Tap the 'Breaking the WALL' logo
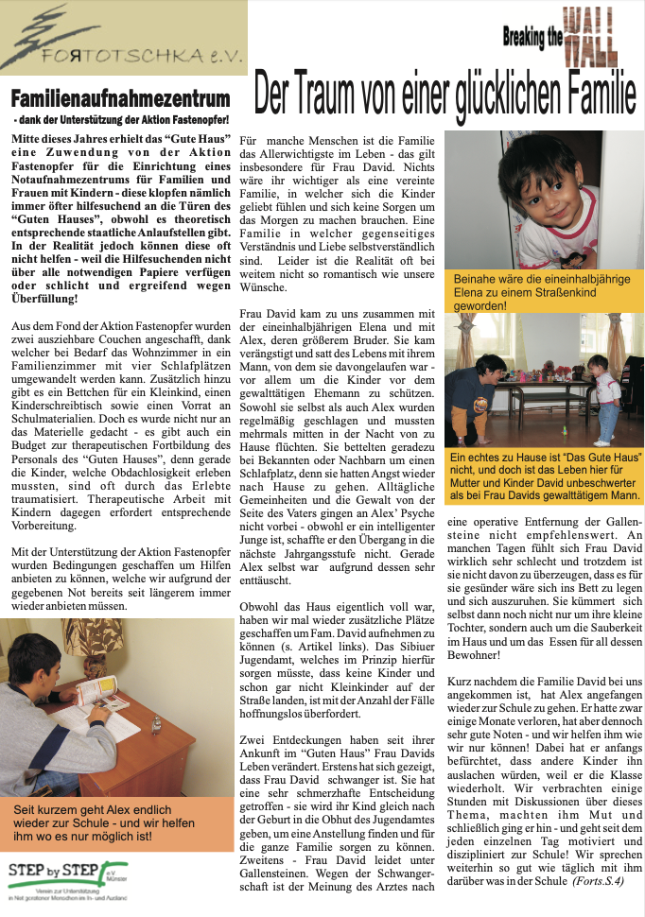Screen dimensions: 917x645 [x=561, y=37]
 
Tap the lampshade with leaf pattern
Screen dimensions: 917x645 [x=85, y=640]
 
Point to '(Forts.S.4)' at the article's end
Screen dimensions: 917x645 [x=601, y=880]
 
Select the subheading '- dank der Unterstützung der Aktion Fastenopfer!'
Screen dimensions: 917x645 [x=122, y=122]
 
